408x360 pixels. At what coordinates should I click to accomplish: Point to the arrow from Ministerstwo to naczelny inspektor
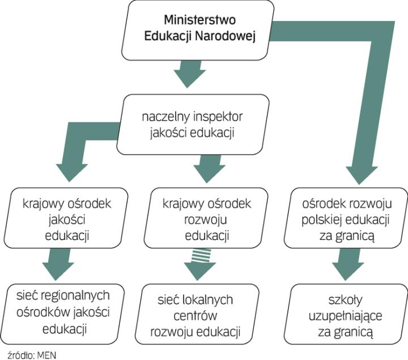tap(189, 74)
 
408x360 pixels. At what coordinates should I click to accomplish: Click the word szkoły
tap(344, 299)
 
